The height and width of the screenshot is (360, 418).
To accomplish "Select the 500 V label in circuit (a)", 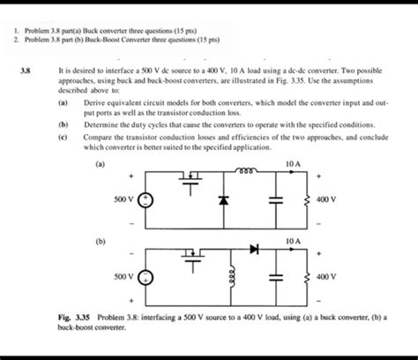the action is click(x=124, y=199).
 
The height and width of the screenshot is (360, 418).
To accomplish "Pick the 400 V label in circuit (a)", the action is click(x=325, y=199).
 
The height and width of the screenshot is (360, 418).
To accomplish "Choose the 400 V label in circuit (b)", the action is click(x=325, y=275).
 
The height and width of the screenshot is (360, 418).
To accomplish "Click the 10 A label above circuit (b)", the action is click(x=294, y=239).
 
